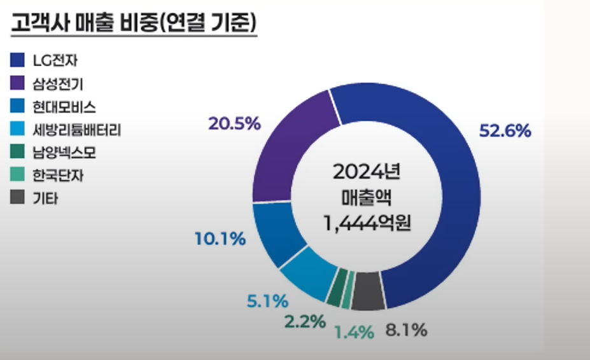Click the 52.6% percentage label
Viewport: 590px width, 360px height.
pyautogui.click(x=505, y=131)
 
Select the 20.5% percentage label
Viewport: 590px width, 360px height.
pyautogui.click(x=235, y=124)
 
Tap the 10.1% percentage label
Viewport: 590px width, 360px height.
pyautogui.click(x=220, y=239)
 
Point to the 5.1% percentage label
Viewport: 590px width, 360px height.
pyautogui.click(x=268, y=300)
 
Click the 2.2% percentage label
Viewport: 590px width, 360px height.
pyautogui.click(x=305, y=321)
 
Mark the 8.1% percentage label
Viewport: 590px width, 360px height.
pyautogui.click(x=406, y=331)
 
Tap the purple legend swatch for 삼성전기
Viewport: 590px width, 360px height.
pyautogui.click(x=18, y=84)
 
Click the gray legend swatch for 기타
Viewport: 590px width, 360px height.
pyautogui.click(x=18, y=198)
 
